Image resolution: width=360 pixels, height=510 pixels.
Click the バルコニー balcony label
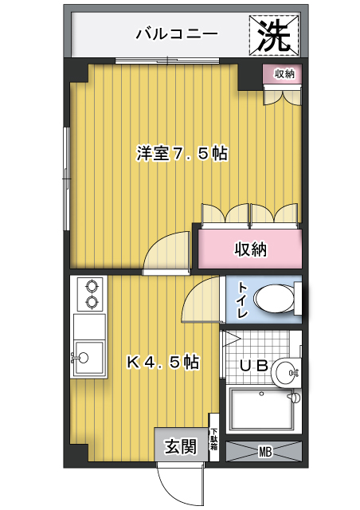[x=177, y=34]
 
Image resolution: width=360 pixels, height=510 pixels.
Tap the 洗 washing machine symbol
[x=274, y=35]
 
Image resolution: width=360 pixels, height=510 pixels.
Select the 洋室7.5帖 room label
[x=182, y=154]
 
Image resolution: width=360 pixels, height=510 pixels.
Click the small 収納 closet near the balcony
[x=283, y=74]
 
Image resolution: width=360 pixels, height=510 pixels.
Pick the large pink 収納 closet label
[x=251, y=249]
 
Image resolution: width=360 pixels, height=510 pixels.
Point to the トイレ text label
[x=243, y=300]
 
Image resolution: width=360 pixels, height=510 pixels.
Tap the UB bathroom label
[x=254, y=366]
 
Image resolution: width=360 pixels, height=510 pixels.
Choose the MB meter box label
[x=264, y=452]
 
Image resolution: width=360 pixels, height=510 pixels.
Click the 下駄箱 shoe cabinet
[x=213, y=437]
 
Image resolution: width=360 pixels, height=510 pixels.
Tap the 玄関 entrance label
[x=181, y=446]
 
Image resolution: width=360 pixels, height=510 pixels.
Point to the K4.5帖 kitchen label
[x=162, y=362]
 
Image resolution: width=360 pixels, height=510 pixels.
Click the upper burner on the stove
[x=92, y=286]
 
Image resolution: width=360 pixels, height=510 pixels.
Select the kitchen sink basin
[x=88, y=357]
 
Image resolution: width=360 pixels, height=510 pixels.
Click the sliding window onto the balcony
[x=167, y=61]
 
